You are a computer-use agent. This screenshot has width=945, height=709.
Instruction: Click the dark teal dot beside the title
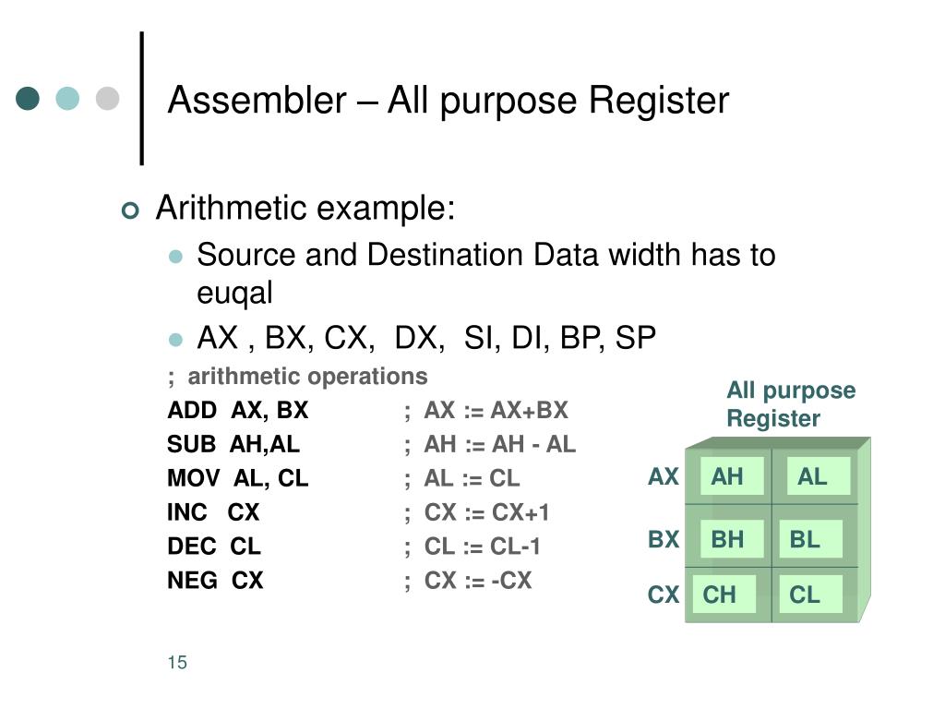(28, 98)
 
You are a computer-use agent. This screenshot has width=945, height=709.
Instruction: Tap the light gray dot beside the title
(107, 98)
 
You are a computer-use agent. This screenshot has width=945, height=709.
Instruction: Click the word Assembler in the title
(257, 100)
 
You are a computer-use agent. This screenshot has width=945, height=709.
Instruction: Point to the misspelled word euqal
(234, 294)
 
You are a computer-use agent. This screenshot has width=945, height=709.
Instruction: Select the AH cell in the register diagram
(732, 476)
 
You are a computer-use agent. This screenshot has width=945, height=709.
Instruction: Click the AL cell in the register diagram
(818, 476)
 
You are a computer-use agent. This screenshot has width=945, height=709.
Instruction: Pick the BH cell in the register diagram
(732, 539)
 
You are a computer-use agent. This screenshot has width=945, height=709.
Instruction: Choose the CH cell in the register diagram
(724, 595)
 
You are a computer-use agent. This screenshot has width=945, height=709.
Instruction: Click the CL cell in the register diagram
(809, 595)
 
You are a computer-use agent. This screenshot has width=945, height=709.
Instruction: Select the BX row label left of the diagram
(663, 539)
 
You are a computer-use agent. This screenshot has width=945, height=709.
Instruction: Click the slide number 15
(177, 662)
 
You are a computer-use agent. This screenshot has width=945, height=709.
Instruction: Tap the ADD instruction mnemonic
(192, 410)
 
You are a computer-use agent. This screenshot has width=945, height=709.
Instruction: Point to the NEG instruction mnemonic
(192, 580)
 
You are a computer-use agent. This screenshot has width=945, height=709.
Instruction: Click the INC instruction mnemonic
(186, 511)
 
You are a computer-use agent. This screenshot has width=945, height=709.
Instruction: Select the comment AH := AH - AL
(499, 444)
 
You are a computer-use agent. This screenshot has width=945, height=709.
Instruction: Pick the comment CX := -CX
(478, 580)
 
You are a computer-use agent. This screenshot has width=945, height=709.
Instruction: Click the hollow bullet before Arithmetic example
(129, 210)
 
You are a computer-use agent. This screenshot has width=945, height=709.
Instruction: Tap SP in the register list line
(635, 338)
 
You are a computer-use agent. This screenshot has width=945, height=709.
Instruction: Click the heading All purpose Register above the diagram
(791, 404)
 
